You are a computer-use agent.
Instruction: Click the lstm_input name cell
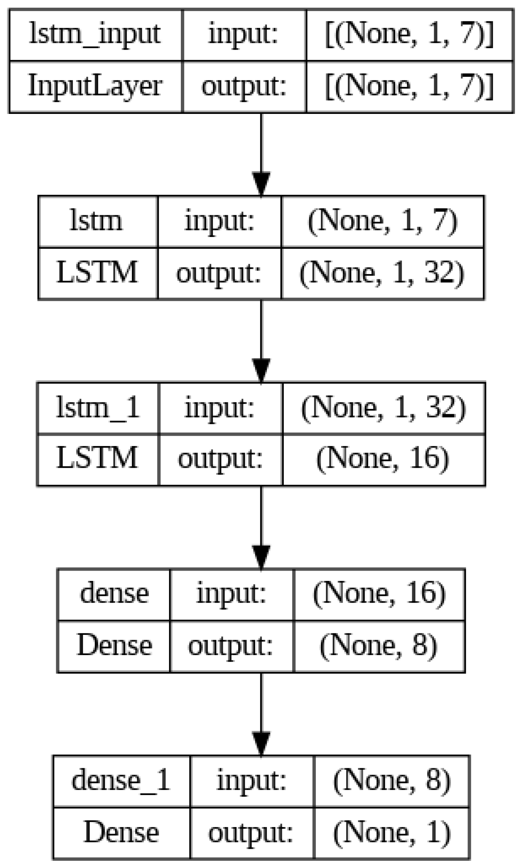click(x=95, y=35)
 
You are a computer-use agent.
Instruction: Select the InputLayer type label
click(x=95, y=86)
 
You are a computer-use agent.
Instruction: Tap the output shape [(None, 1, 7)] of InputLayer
click(x=409, y=86)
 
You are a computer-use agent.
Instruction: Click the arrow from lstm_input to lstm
click(x=261, y=154)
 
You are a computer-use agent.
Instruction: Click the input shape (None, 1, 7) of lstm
click(x=382, y=222)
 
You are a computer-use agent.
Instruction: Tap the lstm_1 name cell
click(x=97, y=408)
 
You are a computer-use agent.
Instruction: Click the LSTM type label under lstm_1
click(x=97, y=459)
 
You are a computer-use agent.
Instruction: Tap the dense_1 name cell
click(x=121, y=781)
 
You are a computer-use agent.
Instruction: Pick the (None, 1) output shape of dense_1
click(x=391, y=833)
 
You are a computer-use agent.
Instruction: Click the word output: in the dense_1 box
click(x=251, y=833)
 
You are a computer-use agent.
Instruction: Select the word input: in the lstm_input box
click(x=243, y=35)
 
